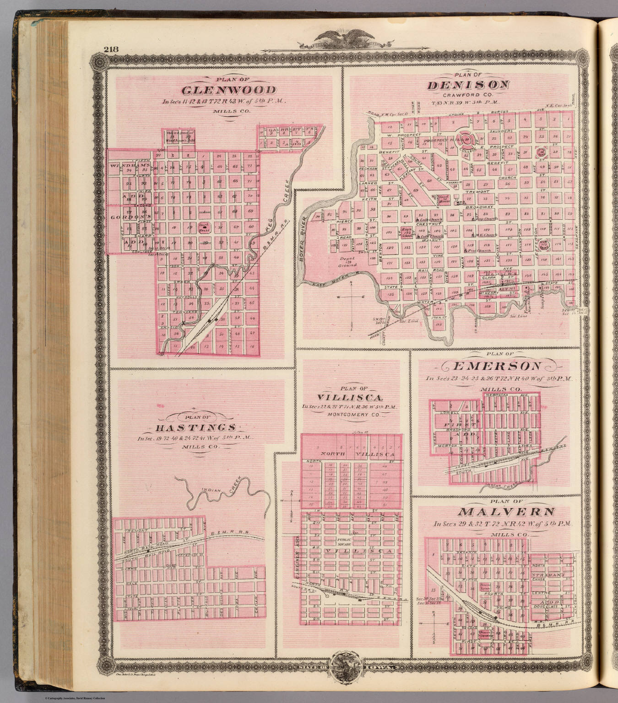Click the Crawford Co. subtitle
467,96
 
